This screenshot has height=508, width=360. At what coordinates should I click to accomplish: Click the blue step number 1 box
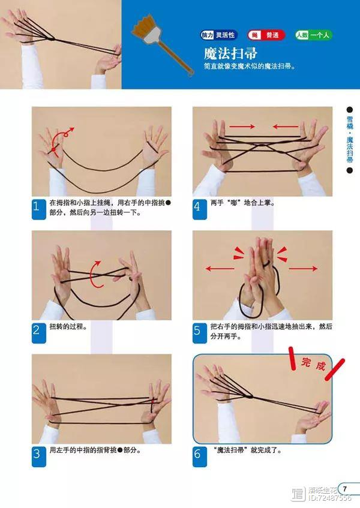pyautogui.click(x=38, y=209)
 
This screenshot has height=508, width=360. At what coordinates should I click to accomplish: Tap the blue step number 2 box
pyautogui.click(x=38, y=333)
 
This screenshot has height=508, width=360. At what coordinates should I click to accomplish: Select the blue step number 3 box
pyautogui.click(x=38, y=457)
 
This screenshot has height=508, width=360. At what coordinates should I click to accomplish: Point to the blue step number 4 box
pyautogui.click(x=200, y=209)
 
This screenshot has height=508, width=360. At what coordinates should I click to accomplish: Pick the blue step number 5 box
pyautogui.click(x=200, y=333)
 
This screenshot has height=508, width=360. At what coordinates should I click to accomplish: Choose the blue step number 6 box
pyautogui.click(x=200, y=457)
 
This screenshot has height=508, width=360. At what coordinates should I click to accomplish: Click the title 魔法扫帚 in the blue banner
pyautogui.click(x=230, y=53)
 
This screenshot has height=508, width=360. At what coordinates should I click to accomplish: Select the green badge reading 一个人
pyautogui.click(x=313, y=35)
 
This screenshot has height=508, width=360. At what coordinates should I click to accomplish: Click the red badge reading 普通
pyautogui.click(x=266, y=35)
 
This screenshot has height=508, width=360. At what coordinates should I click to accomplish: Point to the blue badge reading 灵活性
pyautogui.click(x=219, y=35)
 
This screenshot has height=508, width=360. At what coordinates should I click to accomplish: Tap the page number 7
pyautogui.click(x=345, y=489)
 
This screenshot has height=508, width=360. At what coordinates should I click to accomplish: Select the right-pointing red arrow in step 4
pyautogui.click(x=242, y=127)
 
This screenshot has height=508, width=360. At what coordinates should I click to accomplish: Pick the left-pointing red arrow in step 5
pyautogui.click(x=220, y=268)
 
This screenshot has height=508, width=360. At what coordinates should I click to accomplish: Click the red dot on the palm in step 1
pyautogui.click(x=53, y=150)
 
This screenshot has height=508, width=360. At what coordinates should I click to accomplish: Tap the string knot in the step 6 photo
pyautogui.click(x=249, y=396)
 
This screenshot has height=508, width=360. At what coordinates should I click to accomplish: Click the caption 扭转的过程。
pyautogui.click(x=68, y=326)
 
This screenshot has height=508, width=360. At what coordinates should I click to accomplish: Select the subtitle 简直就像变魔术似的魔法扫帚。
pyautogui.click(x=250, y=67)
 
